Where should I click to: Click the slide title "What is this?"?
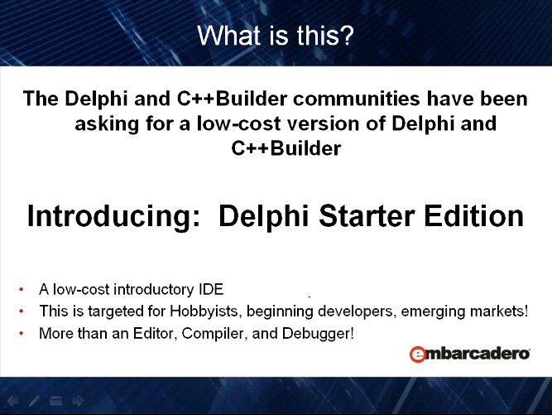point(276,36)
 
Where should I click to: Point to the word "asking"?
point(107,124)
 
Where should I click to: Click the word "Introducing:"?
point(113,216)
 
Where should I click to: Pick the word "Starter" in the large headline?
point(367,216)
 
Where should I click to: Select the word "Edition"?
point(474,216)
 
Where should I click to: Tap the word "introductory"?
point(154,290)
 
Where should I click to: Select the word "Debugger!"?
point(318,334)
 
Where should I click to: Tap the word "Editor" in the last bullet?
point(155,333)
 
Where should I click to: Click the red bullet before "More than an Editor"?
point(22,333)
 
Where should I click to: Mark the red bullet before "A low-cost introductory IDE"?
point(22,289)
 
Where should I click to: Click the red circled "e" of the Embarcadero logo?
point(418,354)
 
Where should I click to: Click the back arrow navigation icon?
point(13,401)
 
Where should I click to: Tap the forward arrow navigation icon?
point(78,401)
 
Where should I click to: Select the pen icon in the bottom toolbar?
point(35,401)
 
